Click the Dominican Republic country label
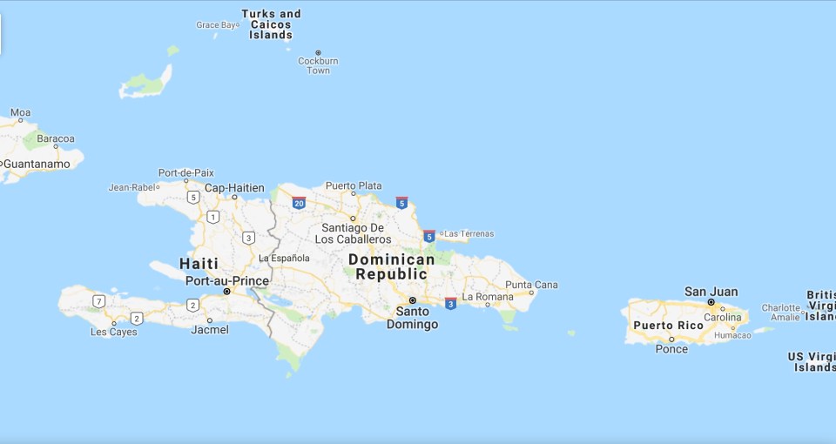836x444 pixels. (x=391, y=266)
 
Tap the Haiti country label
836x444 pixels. (x=199, y=263)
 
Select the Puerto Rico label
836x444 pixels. (x=668, y=326)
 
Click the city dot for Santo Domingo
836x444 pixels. (x=413, y=299)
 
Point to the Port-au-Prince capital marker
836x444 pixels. (x=227, y=292)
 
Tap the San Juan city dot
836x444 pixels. (x=711, y=302)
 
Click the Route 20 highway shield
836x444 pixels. (x=299, y=204)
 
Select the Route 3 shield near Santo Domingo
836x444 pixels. (x=450, y=303)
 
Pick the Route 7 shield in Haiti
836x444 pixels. (x=99, y=301)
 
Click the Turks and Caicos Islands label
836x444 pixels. (x=271, y=24)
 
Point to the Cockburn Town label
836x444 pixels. (x=318, y=66)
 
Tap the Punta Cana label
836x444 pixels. (x=531, y=285)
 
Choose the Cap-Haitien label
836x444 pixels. (x=234, y=187)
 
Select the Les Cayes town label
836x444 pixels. (x=114, y=332)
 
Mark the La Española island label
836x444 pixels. (x=284, y=258)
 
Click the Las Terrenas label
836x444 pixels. (x=469, y=233)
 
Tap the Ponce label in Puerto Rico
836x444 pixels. (x=671, y=349)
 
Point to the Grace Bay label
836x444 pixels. (x=216, y=25)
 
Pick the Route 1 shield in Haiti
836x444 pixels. (x=212, y=216)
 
